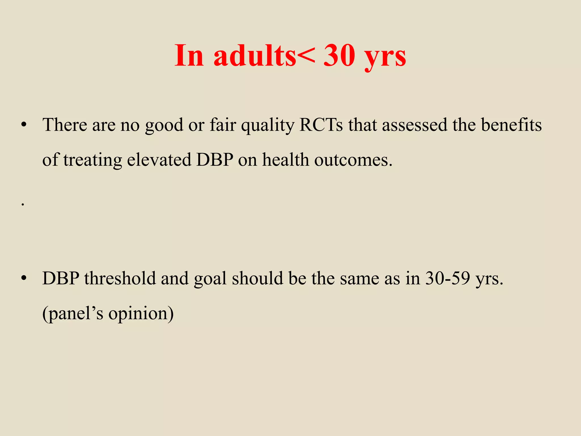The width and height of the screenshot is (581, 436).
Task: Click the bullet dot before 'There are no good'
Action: (x=24, y=125)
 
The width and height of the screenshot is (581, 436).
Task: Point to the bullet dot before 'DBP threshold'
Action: (x=24, y=278)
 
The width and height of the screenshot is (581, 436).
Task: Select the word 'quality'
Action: (x=268, y=126)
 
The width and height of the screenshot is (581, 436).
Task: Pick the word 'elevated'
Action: (x=159, y=160)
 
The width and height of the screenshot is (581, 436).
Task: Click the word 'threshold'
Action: (x=120, y=278)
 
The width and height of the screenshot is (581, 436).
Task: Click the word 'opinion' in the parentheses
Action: (x=141, y=314)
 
